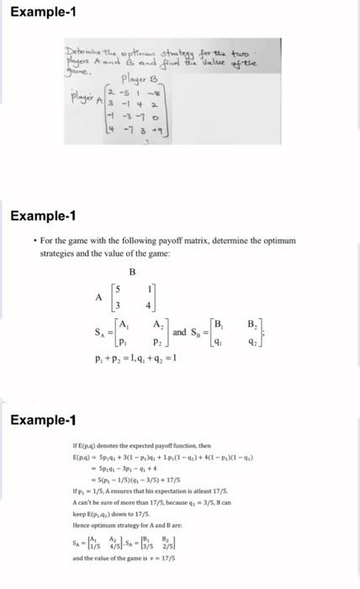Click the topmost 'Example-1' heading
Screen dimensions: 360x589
pos(34,11)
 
